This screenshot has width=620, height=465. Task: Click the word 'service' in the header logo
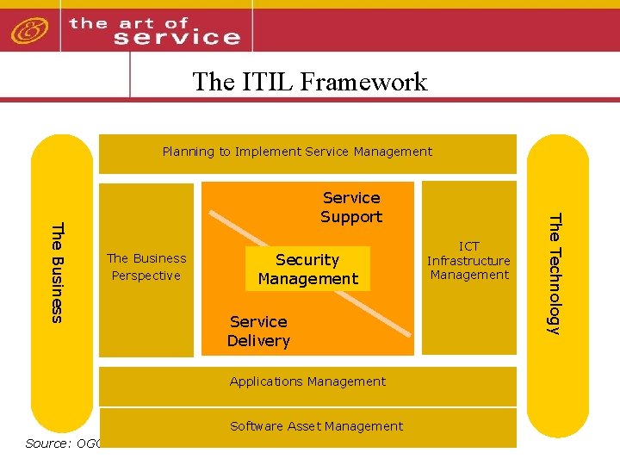tap(177, 37)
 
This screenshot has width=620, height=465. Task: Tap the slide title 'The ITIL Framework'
tap(310, 81)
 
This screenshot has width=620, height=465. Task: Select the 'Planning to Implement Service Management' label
tap(297, 152)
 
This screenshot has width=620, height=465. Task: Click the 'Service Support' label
tap(351, 208)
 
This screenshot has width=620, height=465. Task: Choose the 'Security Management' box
tap(307, 269)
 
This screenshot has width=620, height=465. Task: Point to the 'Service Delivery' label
tap(258, 331)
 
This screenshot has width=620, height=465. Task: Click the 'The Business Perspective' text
tap(146, 266)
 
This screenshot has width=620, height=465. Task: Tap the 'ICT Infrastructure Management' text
tap(469, 260)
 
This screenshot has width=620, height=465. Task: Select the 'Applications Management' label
tap(307, 381)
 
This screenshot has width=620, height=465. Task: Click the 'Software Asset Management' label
tap(316, 426)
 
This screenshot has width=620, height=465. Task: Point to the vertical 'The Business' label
tap(57, 272)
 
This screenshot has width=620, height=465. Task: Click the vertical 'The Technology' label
tap(555, 272)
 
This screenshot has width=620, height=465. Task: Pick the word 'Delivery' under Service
tap(258, 340)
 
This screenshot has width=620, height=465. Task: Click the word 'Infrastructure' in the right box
tap(469, 261)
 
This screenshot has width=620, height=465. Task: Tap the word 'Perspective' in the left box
tap(146, 276)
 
